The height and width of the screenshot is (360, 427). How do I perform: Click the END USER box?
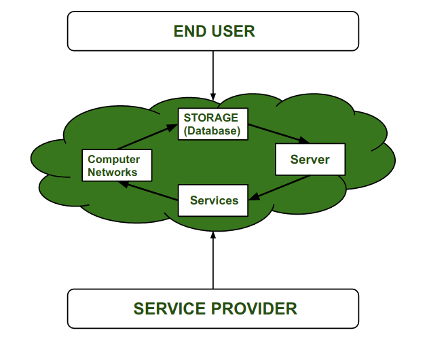[x=213, y=32]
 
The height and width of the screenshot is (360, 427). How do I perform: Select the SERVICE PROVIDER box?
[x=213, y=308]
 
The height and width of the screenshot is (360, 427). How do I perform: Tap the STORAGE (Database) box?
[x=212, y=124]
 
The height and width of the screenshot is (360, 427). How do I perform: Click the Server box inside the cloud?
[x=310, y=160]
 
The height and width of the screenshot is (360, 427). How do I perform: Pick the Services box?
[x=213, y=200]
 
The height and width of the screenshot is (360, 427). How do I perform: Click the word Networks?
[x=113, y=173]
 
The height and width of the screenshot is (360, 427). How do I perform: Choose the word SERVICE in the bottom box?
[x=168, y=308]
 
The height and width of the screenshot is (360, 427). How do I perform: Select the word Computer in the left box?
[x=114, y=160]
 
